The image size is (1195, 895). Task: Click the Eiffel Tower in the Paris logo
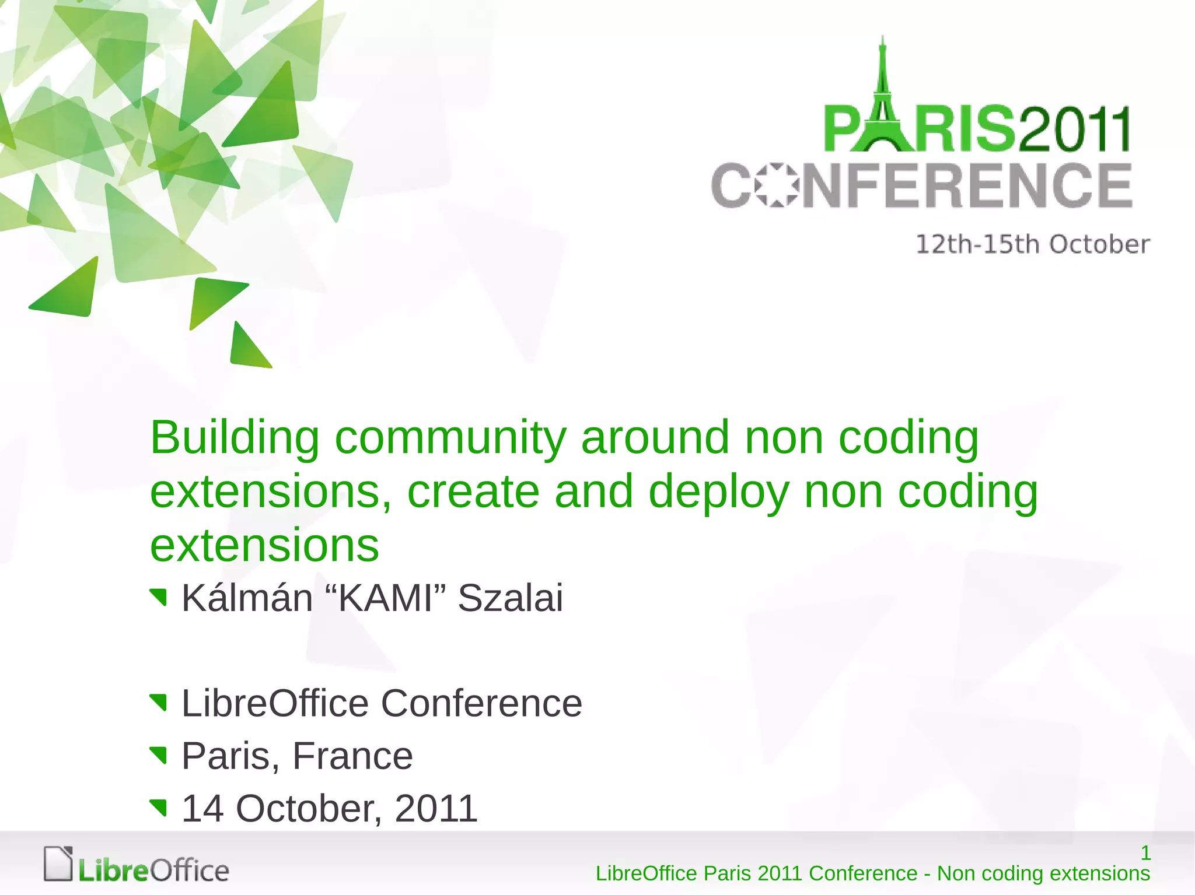883,99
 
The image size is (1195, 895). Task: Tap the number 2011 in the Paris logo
1074,129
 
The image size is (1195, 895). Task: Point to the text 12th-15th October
1032,244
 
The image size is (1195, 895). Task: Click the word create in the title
473,492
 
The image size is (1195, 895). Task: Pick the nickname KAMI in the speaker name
385,598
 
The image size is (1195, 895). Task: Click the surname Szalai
511,598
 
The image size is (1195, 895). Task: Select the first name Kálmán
247,598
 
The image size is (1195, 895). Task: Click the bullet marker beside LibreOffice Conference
158,703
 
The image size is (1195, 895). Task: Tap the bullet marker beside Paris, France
158,755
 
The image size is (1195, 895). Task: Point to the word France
352,756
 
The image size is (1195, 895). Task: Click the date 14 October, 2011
330,809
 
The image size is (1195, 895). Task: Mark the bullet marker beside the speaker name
158,598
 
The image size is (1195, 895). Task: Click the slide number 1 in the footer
1145,853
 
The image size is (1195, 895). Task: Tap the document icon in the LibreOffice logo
58,864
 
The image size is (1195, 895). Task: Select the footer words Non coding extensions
1043,873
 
